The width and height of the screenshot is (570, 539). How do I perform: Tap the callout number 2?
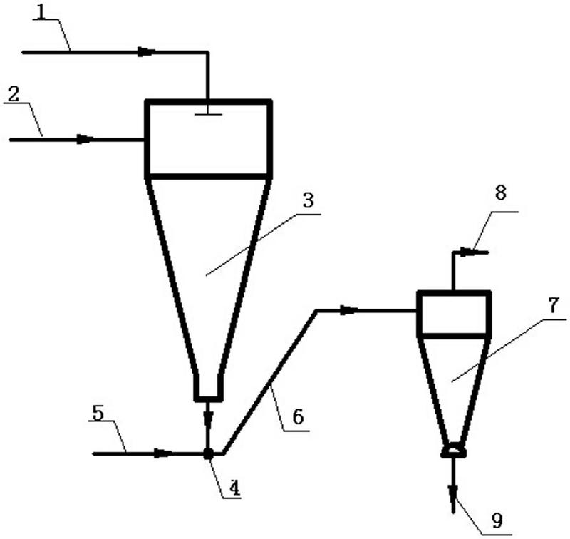pos(13,94)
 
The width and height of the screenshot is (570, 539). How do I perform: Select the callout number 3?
pos(309,200)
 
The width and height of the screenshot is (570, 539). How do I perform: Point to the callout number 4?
pos(234,488)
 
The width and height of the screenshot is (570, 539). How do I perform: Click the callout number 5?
pos(98,413)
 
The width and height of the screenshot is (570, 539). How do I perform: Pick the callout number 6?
pos(298,417)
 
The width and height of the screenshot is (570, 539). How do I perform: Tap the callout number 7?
pos(553,305)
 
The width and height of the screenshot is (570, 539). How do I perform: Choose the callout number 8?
pos(501,193)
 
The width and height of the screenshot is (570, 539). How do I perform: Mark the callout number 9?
pos(497,520)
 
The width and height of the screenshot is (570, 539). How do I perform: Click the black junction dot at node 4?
pos(208,453)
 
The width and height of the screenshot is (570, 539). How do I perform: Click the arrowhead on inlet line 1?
pos(147,52)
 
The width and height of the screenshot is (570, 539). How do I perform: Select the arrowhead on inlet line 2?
pos(85,139)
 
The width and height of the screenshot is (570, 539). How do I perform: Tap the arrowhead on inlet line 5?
pos(163,453)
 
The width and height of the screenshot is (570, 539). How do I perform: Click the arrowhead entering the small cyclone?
pos(349,310)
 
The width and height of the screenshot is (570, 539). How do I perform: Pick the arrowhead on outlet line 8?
pos(468,251)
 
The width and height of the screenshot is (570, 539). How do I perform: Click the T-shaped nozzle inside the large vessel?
pos(208,111)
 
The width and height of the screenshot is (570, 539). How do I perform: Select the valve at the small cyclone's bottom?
pos(453,451)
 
